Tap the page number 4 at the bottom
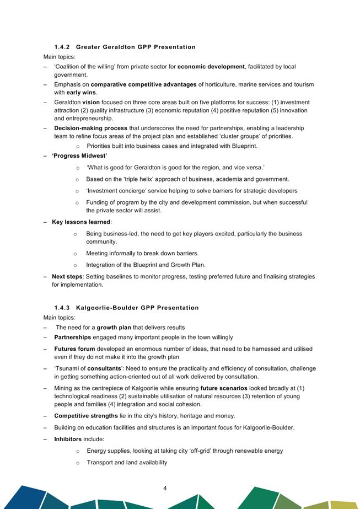[165, 488]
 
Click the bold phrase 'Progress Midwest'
[79, 156]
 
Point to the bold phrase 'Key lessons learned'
[81, 222]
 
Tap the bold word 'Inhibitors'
[68, 439]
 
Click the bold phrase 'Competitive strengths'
[86, 416]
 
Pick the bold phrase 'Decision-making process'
[90, 128]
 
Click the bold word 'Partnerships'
[72, 337]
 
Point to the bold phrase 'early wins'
[81, 93]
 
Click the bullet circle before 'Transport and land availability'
[78, 463]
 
